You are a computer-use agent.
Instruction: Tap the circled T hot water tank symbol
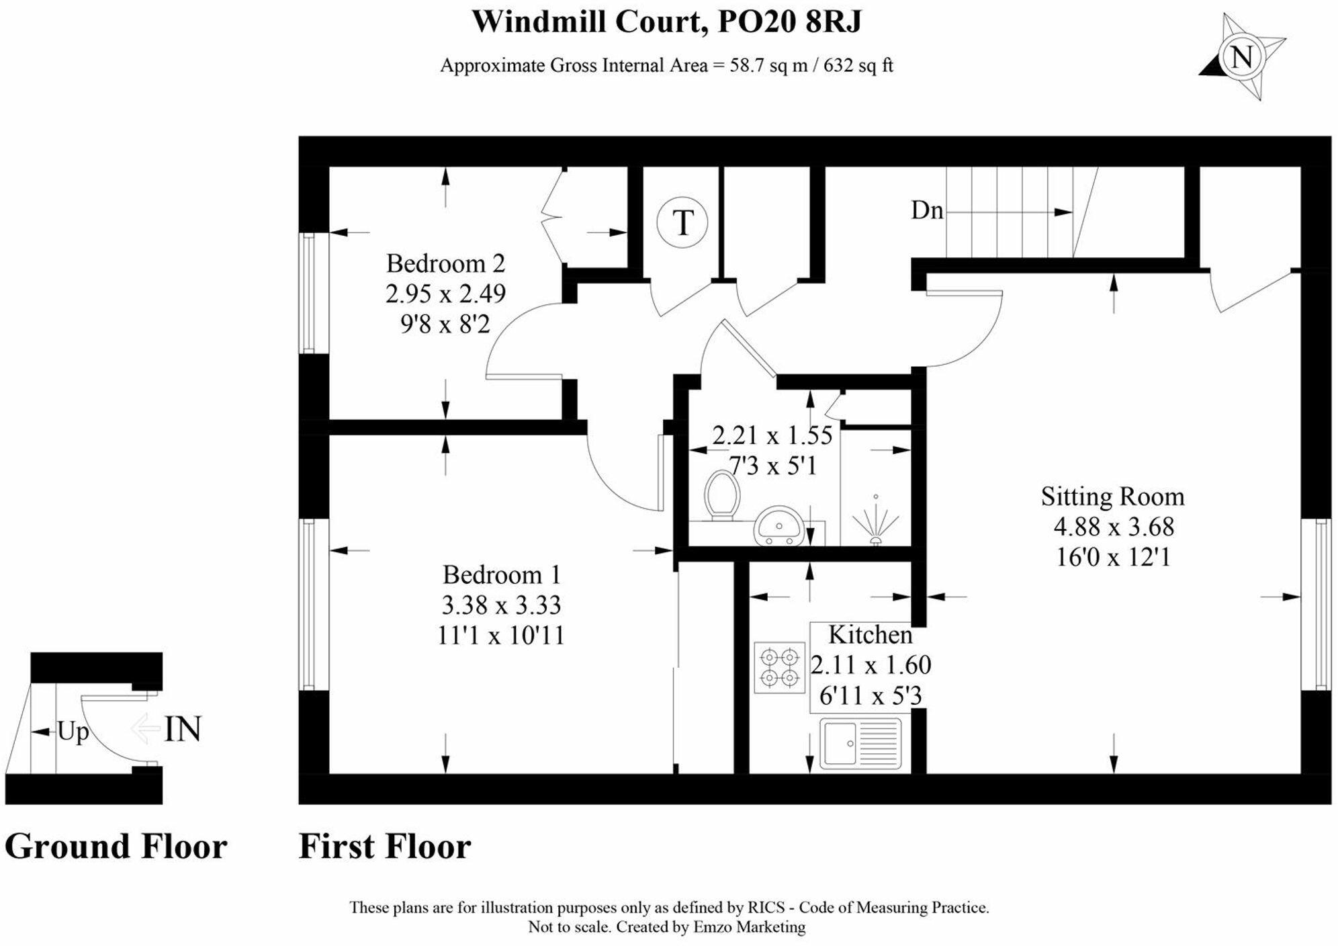coord(682,222)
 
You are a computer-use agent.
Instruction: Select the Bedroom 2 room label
coord(445,263)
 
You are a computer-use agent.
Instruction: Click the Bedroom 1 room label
coord(501,575)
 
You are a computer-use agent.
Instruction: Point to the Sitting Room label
coord(1112,497)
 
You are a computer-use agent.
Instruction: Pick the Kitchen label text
coord(870,635)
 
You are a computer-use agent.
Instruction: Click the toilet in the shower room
coord(721,496)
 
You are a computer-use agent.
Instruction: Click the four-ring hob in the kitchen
coord(779,668)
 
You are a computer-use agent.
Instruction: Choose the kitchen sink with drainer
coord(860,744)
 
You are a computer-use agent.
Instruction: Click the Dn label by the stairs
coord(926,211)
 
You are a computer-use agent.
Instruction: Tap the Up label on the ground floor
coord(73,732)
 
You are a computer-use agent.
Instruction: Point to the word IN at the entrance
coord(183,730)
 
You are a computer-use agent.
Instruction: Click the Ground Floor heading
coord(116,847)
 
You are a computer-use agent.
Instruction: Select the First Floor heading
coord(384,847)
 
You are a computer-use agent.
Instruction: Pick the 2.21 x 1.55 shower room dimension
coord(772,436)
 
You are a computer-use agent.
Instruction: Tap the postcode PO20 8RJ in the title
coord(789,22)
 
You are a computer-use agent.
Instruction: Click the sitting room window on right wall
coord(1316,605)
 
